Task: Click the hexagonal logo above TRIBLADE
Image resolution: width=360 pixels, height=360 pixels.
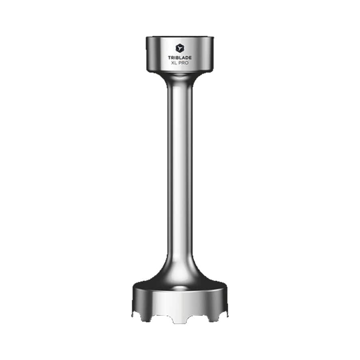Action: click(180, 48)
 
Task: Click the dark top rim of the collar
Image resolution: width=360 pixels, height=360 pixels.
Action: click(180, 38)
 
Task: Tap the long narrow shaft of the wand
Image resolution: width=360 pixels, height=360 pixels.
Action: click(180, 168)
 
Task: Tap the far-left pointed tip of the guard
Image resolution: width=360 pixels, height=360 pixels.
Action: click(133, 315)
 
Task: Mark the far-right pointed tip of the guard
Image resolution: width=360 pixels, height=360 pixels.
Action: click(227, 315)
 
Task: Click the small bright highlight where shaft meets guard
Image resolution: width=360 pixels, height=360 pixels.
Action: click(180, 287)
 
